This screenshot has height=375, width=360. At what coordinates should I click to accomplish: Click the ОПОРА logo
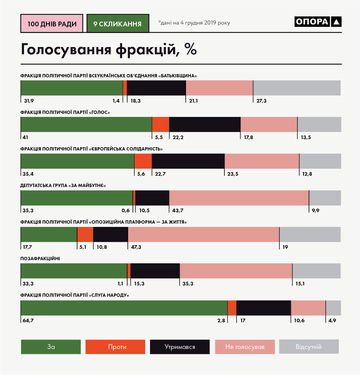[x=318, y=22]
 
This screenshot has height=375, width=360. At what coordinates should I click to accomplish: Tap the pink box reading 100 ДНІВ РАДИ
[x=52, y=24]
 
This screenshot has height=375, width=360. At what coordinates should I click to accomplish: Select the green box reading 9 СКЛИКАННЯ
[x=118, y=24]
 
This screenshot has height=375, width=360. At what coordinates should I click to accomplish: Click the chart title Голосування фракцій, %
[x=109, y=49]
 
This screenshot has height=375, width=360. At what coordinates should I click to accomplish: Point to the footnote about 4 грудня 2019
[x=194, y=23]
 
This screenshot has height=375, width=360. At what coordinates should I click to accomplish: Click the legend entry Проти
[x=115, y=347]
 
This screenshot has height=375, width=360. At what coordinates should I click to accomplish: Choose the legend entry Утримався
[x=180, y=347]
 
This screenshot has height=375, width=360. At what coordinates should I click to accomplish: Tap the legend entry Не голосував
[x=245, y=347]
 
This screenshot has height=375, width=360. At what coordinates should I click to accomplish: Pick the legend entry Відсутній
[x=309, y=347]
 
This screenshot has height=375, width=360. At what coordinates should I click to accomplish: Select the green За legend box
[x=51, y=347]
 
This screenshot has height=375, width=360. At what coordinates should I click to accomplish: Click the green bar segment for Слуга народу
[x=124, y=308]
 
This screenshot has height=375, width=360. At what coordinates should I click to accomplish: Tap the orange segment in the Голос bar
[x=160, y=124]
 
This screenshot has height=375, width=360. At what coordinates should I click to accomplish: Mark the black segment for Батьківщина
[x=156, y=88]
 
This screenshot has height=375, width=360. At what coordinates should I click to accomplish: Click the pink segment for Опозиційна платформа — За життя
[x=203, y=234]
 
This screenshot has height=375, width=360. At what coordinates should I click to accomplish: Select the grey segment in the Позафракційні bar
[x=316, y=271]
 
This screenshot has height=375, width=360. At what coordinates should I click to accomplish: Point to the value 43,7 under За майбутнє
[x=178, y=210]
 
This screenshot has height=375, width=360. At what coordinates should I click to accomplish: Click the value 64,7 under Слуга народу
[x=28, y=320]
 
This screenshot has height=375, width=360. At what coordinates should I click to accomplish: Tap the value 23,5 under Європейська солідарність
[x=233, y=174]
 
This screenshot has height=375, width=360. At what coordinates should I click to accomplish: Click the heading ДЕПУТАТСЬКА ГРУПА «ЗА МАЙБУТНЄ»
[x=63, y=186]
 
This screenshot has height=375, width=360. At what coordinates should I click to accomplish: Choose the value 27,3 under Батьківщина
[x=261, y=101]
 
